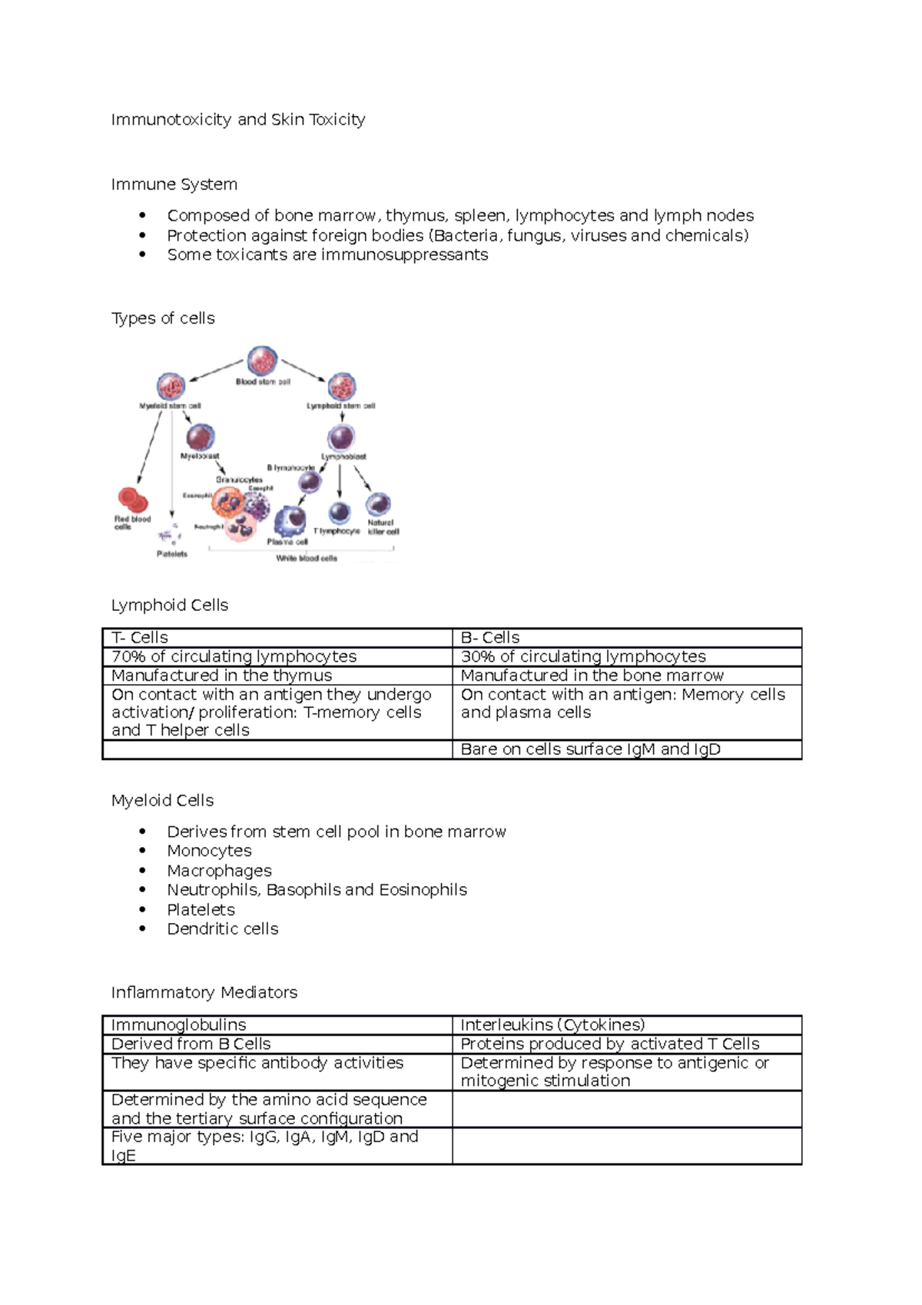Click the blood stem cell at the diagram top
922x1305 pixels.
click(262, 360)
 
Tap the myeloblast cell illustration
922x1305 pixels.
click(200, 437)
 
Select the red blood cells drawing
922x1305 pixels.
click(132, 500)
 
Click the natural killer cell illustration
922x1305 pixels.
click(378, 504)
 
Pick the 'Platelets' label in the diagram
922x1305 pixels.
click(172, 553)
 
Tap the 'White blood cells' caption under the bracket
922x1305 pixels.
click(307, 558)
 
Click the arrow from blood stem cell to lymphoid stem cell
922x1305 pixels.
click(303, 370)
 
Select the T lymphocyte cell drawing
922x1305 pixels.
click(339, 513)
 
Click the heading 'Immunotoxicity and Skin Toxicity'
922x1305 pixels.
click(238, 120)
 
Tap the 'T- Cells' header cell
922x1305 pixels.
click(140, 638)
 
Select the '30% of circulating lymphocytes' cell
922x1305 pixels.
click(583, 656)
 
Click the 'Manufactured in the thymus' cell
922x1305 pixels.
click(222, 676)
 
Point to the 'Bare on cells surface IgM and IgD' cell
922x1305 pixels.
click(590, 749)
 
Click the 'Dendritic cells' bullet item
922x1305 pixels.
click(223, 928)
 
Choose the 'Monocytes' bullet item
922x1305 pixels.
click(209, 851)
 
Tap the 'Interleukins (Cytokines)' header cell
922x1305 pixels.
click(552, 1024)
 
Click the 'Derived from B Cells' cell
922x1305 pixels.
click(191, 1044)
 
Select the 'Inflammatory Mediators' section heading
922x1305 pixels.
click(204, 992)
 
